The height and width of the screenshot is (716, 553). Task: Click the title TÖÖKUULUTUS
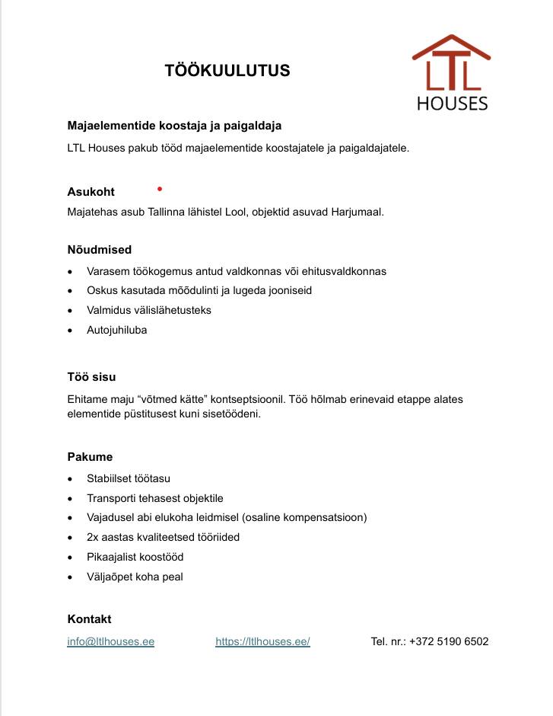tap(227, 71)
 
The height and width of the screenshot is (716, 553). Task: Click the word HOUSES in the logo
tap(452, 103)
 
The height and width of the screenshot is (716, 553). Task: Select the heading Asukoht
tap(91, 192)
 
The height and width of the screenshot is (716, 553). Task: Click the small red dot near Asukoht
tap(159, 187)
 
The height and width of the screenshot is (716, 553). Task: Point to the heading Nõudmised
tap(100, 249)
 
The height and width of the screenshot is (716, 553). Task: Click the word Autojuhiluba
tap(117, 330)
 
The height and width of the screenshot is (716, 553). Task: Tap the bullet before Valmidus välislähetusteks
tap(71, 311)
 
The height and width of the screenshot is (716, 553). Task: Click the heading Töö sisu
tap(91, 377)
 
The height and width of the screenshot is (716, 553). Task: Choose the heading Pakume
tap(90, 457)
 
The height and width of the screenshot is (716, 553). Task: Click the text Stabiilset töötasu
tap(129, 478)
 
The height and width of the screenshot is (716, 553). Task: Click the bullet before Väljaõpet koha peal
tap(71, 577)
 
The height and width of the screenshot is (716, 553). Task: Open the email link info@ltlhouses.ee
tap(111, 641)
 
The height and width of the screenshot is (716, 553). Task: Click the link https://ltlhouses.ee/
tap(262, 641)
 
